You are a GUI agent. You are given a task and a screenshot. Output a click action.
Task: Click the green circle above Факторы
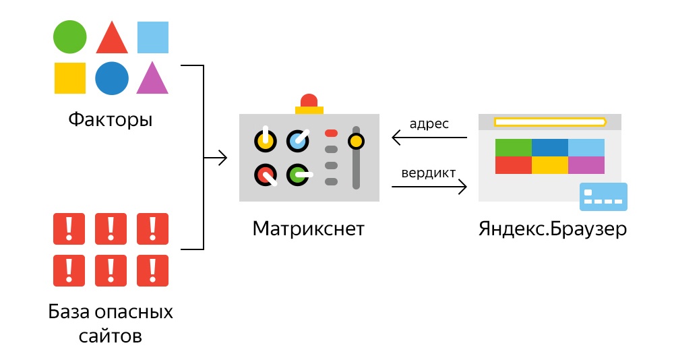pos(70,36)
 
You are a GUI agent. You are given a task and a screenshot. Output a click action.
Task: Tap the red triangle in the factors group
pos(112,39)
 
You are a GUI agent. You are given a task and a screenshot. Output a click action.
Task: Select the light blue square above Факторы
pos(153,37)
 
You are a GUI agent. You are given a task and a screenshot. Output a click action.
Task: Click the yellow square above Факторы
pos(70,78)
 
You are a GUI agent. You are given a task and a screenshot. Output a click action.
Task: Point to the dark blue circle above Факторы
pos(111,78)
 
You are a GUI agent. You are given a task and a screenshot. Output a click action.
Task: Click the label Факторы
pos(111,121)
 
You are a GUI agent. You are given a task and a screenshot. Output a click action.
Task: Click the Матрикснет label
pos(308,229)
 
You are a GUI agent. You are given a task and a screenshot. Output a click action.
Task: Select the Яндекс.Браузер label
pos(553,229)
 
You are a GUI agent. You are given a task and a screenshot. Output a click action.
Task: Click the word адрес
pos(429,124)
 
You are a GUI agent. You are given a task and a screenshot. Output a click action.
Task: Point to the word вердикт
pos(429,172)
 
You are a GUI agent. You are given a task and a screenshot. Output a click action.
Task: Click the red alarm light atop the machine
pos(309,100)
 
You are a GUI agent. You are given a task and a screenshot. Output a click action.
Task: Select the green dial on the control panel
pos(297,175)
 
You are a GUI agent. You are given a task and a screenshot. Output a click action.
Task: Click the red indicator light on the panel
pos(331,133)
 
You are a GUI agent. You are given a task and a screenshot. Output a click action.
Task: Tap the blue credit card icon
pos(603,197)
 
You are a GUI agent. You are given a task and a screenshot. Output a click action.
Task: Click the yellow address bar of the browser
pos(550,122)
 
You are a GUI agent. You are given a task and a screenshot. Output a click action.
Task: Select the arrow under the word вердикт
pos(429,187)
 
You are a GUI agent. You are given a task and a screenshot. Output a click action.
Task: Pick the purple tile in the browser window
pos(586,165)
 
